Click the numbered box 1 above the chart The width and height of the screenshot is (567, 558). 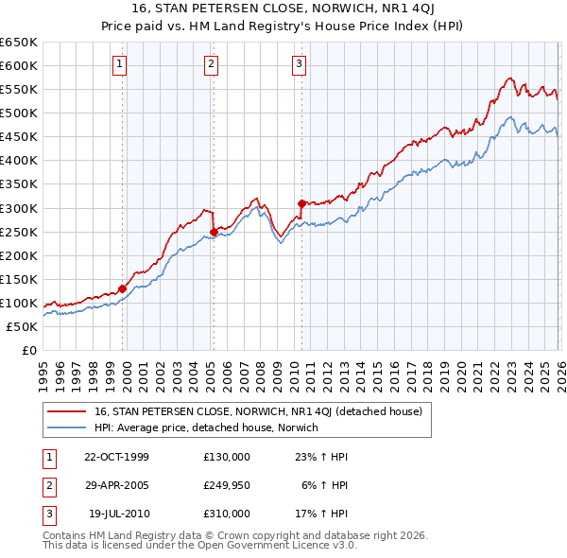[121, 64]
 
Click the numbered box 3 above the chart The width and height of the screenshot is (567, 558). [299, 64]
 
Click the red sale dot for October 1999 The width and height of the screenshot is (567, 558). [123, 288]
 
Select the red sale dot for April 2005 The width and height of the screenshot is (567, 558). [214, 232]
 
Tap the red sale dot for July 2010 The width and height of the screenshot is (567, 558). [301, 202]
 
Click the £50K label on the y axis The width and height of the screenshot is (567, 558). [22, 327]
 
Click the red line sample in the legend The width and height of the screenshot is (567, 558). [67, 411]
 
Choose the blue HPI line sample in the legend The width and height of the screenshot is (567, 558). [67, 427]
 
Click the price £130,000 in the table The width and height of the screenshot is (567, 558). [227, 457]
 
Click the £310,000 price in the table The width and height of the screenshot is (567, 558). [227, 514]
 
